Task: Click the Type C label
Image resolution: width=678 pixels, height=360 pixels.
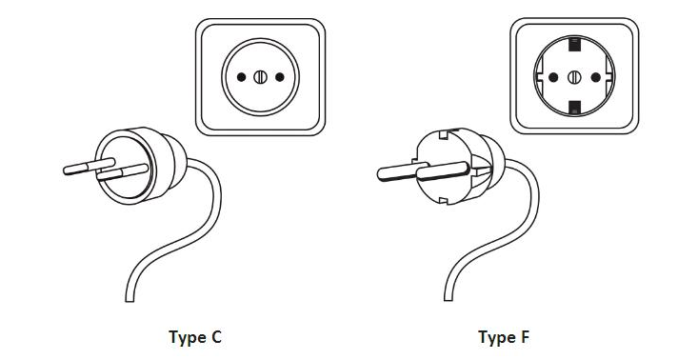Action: pyautogui.click(x=195, y=337)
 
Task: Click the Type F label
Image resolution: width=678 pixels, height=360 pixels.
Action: pyautogui.click(x=504, y=337)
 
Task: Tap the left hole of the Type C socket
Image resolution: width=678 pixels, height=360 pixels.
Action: pyautogui.click(x=241, y=77)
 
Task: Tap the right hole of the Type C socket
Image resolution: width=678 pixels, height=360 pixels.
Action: pyautogui.click(x=280, y=77)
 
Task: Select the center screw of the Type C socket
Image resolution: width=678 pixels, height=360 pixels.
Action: pyautogui.click(x=260, y=77)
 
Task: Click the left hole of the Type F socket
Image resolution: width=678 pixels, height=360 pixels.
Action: pyautogui.click(x=553, y=77)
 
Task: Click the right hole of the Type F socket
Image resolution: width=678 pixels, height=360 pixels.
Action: pyautogui.click(x=596, y=77)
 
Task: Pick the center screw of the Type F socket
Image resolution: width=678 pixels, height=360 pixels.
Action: pyautogui.click(x=574, y=77)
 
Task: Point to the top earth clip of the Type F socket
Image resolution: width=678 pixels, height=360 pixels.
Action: pyautogui.click(x=574, y=44)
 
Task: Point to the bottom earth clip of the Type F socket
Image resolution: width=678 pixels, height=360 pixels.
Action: pyautogui.click(x=574, y=108)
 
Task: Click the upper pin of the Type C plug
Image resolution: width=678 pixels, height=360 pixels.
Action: pyautogui.click(x=90, y=166)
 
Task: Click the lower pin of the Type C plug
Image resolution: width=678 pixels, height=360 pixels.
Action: pyautogui.click(x=123, y=172)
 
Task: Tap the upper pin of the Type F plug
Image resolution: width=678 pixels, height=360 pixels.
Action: pyautogui.click(x=403, y=171)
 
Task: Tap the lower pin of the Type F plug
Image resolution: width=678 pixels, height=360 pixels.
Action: pyautogui.click(x=443, y=170)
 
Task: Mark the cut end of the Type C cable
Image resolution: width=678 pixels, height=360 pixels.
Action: pyautogui.click(x=130, y=298)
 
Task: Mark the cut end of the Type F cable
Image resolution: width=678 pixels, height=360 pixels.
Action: pyautogui.click(x=449, y=297)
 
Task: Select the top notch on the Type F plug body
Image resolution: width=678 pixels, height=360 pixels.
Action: pyautogui.click(x=443, y=134)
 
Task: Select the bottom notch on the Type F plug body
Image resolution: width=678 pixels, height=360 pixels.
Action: pyautogui.click(x=443, y=200)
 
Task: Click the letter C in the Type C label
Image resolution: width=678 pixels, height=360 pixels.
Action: pyautogui.click(x=215, y=337)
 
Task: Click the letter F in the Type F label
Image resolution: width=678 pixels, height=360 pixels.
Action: pyautogui.click(x=525, y=337)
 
